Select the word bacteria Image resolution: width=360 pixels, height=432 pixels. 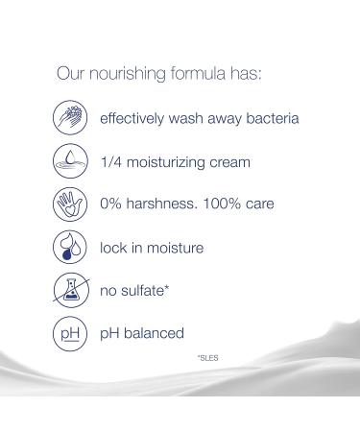[x=269, y=120]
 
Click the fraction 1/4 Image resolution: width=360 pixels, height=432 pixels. [x=111, y=162]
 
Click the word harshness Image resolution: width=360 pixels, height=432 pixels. [x=164, y=204]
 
